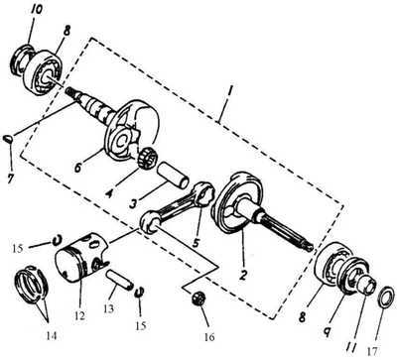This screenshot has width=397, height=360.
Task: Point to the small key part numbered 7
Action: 9,139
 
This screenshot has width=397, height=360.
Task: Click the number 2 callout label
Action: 243,276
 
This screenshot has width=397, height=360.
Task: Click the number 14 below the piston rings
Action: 52,336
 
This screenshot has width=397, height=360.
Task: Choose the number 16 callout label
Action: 209,337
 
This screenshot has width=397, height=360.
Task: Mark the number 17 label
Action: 371,350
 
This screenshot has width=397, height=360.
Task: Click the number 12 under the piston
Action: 79,315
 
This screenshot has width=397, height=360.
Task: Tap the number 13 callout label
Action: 108,308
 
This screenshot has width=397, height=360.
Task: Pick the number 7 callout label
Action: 11,179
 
